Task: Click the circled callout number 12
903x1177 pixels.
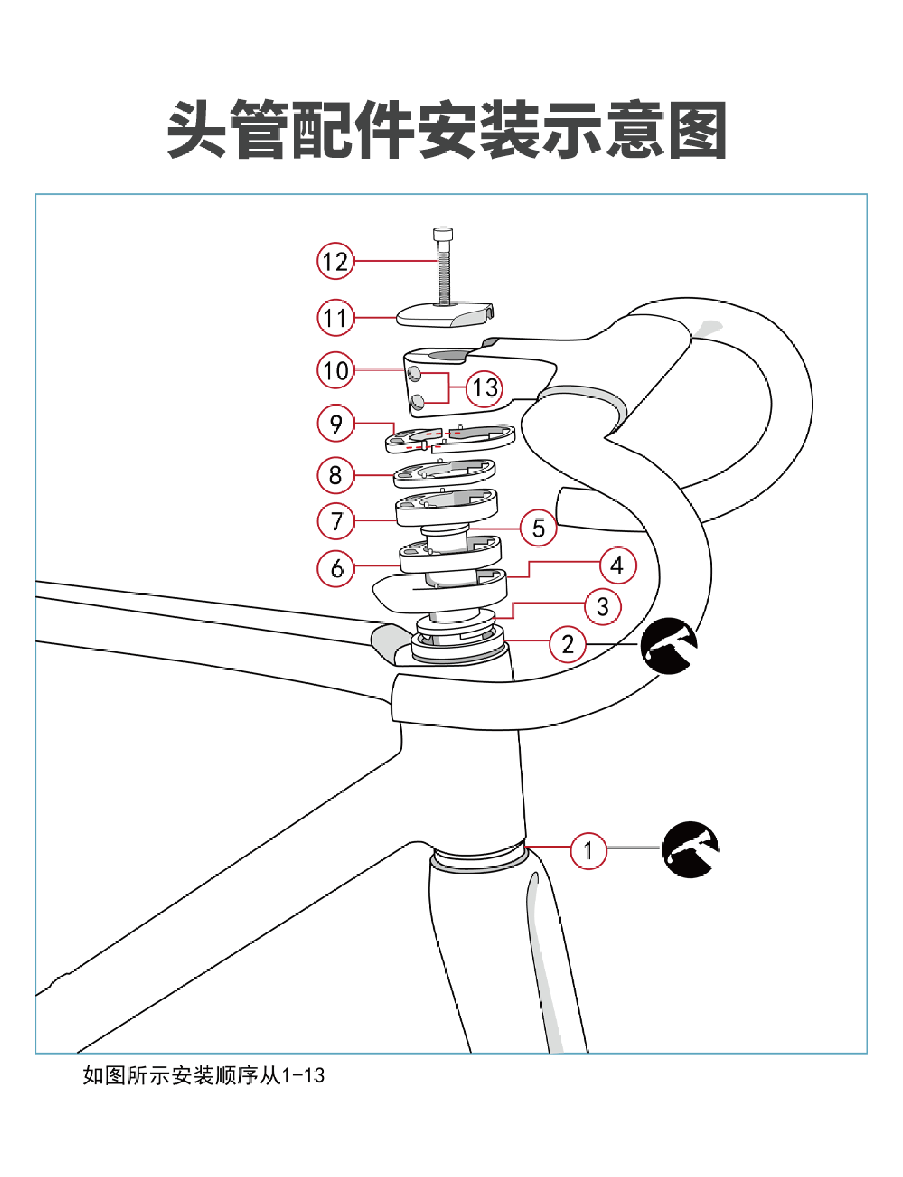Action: point(336,261)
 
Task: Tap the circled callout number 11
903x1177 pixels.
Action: point(336,318)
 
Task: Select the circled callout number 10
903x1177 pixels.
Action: point(336,371)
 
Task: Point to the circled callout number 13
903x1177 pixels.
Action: point(484,388)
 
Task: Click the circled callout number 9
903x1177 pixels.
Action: point(336,424)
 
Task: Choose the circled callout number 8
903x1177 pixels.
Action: point(336,475)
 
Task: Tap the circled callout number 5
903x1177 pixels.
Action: point(538,528)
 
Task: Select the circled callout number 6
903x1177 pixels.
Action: point(336,568)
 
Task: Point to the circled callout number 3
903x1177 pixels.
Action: point(602,607)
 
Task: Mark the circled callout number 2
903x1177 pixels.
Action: point(567,644)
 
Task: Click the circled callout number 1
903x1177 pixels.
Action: point(588,851)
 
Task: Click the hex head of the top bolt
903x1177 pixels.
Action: point(442,235)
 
